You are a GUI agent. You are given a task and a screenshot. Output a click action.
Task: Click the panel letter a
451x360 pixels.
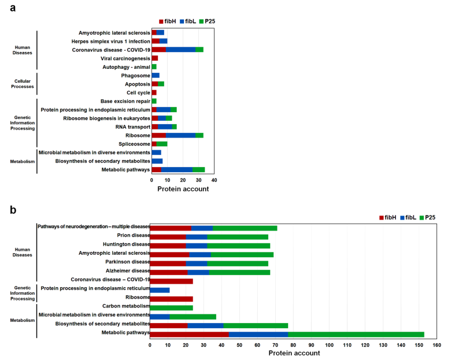click(x=13, y=10)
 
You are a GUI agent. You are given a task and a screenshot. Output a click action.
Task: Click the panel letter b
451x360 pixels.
click(x=13, y=210)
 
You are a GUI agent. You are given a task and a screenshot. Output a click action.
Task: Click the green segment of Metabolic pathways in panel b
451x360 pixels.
click(x=356, y=334)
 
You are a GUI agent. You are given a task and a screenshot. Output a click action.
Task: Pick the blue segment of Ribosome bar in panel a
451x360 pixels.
click(x=181, y=135)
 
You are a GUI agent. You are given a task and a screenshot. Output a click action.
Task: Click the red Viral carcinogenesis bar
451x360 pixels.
click(x=155, y=58)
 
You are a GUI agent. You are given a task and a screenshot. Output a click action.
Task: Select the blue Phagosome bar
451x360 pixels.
click(x=156, y=76)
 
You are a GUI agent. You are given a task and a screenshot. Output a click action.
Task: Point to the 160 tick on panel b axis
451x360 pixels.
click(x=437, y=345)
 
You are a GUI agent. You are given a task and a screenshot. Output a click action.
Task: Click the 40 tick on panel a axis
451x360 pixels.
click(x=214, y=180)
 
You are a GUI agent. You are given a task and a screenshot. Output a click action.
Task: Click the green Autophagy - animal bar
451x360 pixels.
click(x=154, y=67)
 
